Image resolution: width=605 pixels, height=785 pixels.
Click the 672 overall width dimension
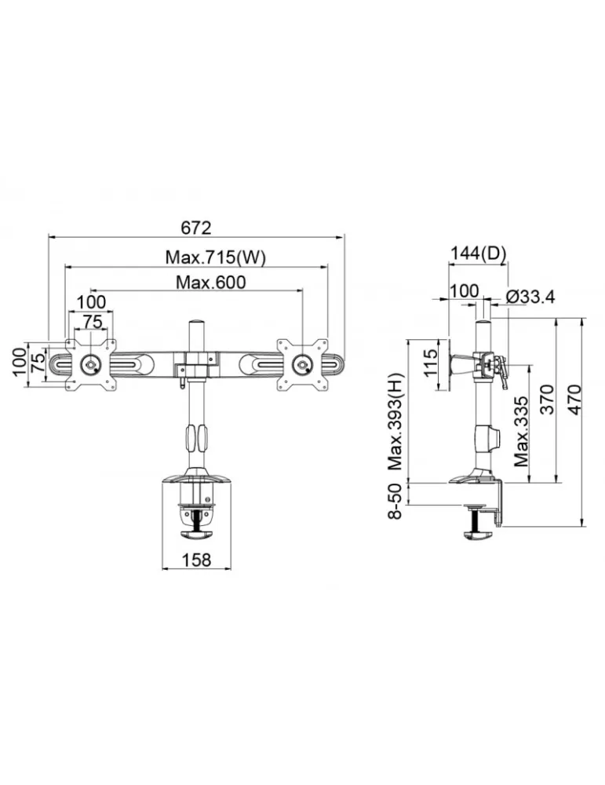[x=196, y=228]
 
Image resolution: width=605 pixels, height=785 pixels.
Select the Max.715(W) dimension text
[x=216, y=257]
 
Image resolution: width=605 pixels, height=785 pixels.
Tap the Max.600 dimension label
[x=210, y=283]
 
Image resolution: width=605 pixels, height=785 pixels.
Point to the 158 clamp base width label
[x=197, y=560]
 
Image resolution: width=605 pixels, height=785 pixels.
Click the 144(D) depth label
[x=479, y=254]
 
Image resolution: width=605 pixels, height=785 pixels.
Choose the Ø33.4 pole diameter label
[x=530, y=297]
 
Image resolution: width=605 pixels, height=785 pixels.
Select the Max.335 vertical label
[x=521, y=432]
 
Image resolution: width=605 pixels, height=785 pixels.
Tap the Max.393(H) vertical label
[x=395, y=422]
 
